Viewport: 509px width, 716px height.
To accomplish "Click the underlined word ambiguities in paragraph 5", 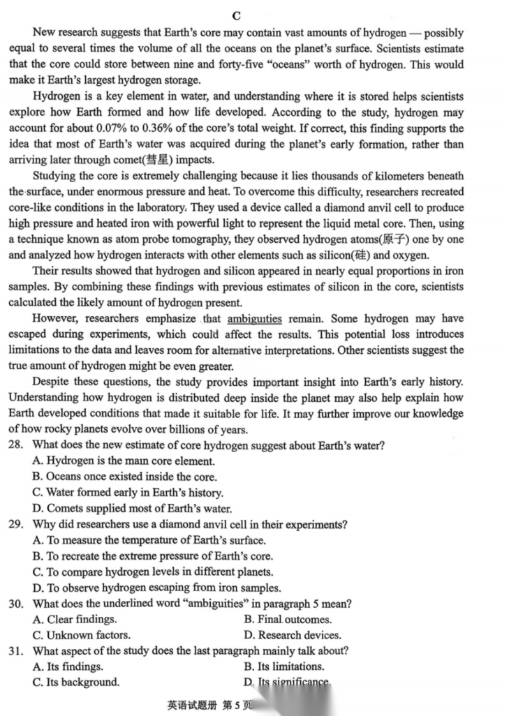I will (255, 319).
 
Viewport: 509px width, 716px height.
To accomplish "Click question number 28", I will (17, 446).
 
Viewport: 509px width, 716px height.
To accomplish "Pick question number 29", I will (17, 525).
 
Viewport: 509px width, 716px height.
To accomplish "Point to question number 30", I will (17, 604).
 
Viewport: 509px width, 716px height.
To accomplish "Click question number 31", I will (17, 651).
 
